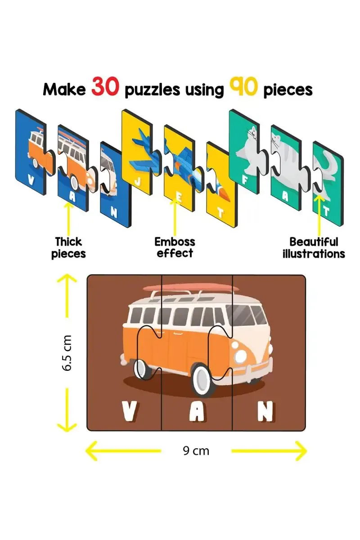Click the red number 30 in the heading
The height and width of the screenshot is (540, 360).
[106, 88]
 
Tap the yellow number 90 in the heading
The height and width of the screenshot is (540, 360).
[243, 88]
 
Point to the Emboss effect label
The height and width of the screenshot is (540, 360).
[175, 247]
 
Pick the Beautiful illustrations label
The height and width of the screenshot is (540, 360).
[314, 247]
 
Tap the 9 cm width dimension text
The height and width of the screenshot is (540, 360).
[196, 450]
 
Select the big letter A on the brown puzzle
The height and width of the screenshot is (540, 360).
[196, 411]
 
